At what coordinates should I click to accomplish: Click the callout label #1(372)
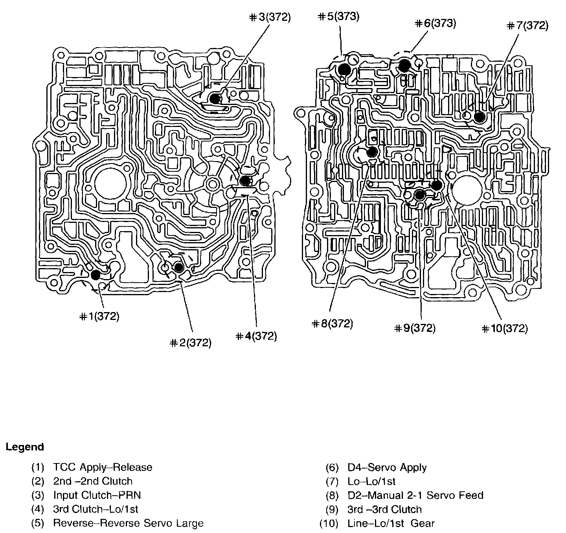99,316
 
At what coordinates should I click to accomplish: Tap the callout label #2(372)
191,343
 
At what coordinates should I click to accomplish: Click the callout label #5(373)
338,17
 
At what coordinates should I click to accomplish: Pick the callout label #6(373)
436,23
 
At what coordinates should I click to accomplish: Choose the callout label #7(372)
527,26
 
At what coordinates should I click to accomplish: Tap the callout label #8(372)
333,324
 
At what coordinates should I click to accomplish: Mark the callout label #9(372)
415,328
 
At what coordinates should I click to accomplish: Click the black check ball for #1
96,275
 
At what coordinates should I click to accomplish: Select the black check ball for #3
215,99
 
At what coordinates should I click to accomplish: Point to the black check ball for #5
344,70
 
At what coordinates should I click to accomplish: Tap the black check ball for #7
479,117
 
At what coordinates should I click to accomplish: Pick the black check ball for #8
372,152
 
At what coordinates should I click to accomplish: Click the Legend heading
25,447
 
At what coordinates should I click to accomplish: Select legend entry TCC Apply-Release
103,467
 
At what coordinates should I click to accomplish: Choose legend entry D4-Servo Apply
387,467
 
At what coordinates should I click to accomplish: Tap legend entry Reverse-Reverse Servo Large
128,523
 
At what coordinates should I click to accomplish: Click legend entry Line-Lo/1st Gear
391,523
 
